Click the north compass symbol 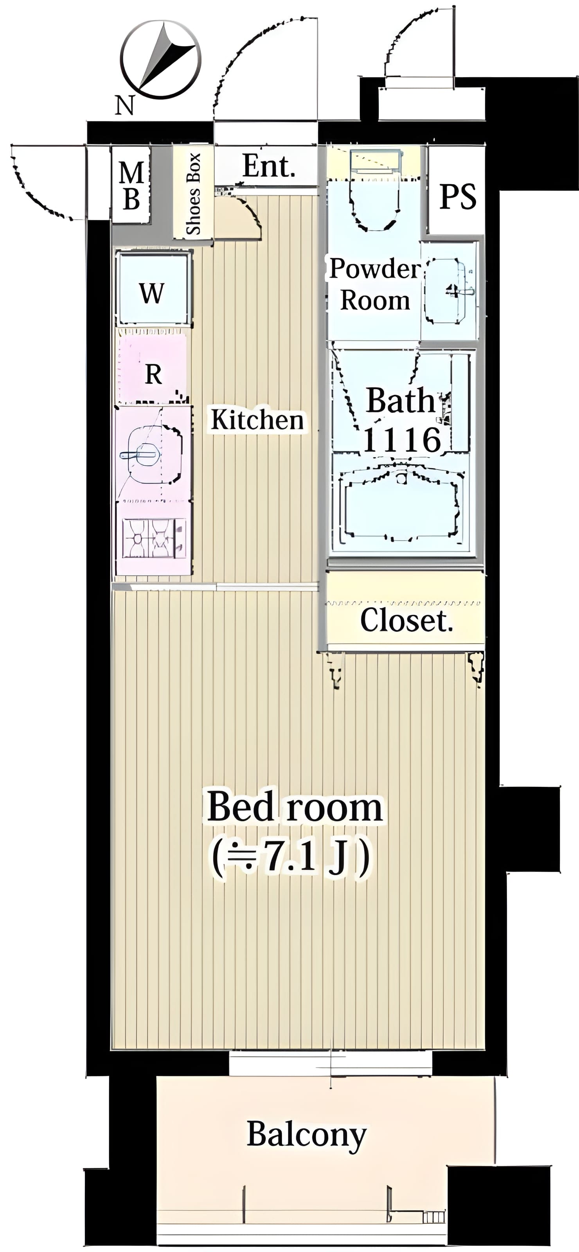(x=161, y=60)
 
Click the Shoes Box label (x=194, y=193)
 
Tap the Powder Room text (x=375, y=284)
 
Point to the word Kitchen (x=257, y=420)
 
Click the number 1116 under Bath (x=402, y=440)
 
